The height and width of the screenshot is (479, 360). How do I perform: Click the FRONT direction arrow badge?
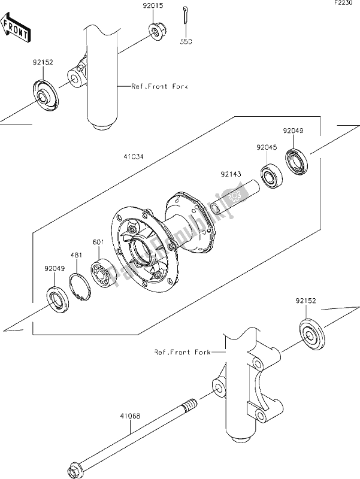click(x=16, y=29)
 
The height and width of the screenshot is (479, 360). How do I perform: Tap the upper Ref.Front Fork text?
click(x=160, y=87)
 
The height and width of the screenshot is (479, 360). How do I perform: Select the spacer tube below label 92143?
click(x=231, y=201)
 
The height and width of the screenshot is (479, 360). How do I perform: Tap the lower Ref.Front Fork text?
click(x=183, y=353)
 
